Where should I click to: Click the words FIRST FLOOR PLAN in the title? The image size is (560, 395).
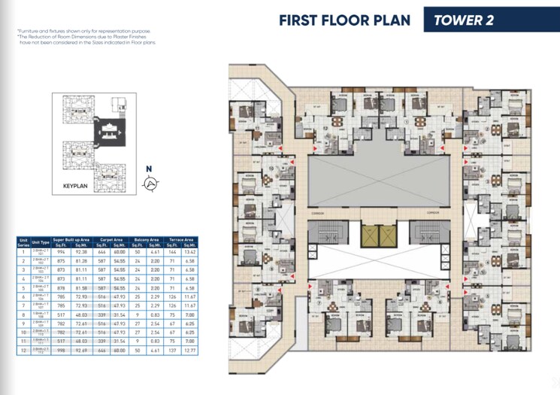coord(344,20)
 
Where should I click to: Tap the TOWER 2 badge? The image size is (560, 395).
coord(463,20)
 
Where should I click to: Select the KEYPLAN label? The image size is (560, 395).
coord(77,184)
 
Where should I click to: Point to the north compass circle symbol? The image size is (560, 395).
coord(150,182)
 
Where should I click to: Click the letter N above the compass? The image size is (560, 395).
coord(149,169)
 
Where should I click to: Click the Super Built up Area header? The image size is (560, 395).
coord(71,239)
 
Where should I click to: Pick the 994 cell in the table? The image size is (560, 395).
coord(61,253)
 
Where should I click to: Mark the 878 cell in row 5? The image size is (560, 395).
coord(61,288)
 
